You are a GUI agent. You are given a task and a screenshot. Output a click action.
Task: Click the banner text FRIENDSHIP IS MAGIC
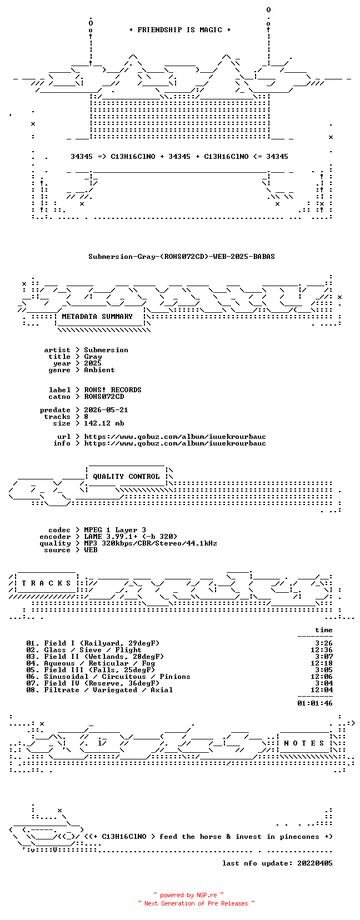pos(180,30)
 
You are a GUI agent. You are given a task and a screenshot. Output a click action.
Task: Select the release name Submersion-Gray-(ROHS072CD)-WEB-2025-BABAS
pos(182,257)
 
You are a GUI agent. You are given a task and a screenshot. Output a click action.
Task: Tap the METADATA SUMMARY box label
pos(97,317)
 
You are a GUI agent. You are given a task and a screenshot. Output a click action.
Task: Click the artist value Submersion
pos(106,350)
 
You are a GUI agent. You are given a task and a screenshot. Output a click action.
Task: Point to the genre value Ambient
pos(99,370)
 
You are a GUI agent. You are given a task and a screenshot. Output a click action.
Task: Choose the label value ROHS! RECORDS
pos(113,390)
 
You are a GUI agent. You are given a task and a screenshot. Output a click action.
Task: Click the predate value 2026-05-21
pos(106,410)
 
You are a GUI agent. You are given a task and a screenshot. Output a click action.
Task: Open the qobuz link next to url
pos(175,437)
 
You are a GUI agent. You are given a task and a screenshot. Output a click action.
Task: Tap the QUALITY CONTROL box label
pos(126,477)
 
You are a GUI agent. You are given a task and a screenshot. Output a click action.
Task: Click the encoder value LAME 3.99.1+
pos(111,537)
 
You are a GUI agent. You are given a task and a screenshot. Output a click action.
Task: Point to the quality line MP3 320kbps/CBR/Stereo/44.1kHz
pos(151,543)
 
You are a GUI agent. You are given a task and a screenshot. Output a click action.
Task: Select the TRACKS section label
pos(46,583)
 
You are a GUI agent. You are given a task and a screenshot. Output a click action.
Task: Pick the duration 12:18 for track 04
pos(322,663)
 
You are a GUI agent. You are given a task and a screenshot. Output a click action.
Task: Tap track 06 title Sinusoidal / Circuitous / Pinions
pos(117,677)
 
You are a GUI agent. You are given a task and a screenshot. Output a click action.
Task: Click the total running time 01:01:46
pos(315,703)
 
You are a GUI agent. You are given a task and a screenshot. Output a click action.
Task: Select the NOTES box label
pos(304,743)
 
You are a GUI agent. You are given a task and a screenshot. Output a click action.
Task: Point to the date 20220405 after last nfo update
pos(315,863)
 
